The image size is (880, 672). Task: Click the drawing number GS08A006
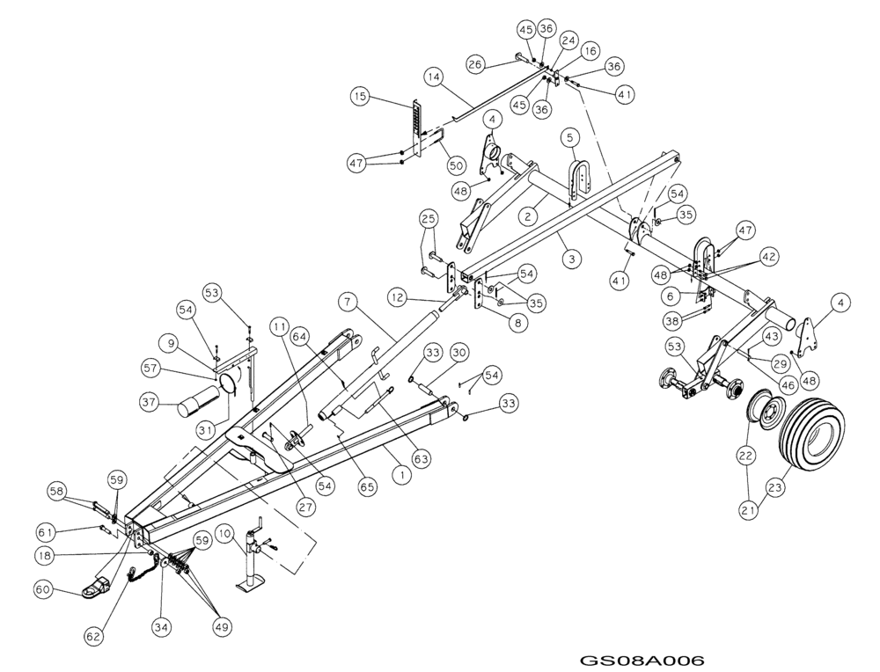click(642, 660)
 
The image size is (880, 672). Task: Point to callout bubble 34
click(161, 626)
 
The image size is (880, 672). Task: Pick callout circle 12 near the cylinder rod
click(398, 299)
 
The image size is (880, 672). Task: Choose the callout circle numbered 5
click(570, 137)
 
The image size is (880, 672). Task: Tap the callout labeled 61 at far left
click(47, 531)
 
